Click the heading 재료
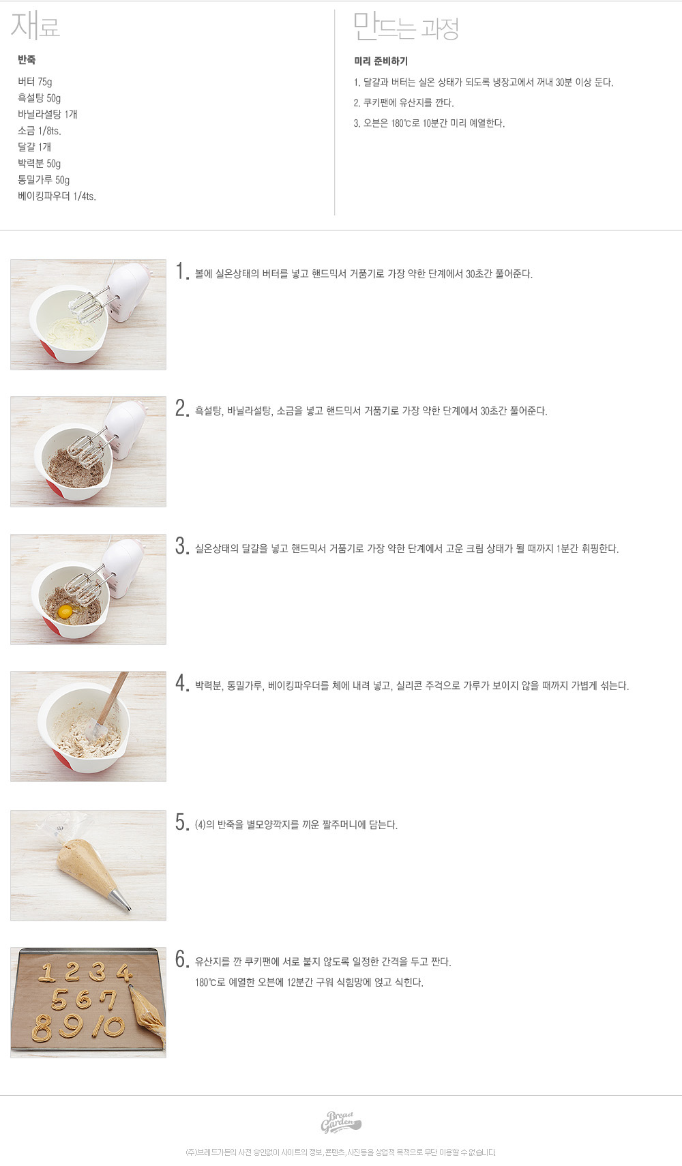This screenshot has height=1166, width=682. click(35, 25)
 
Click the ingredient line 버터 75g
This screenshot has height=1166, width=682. click(35, 82)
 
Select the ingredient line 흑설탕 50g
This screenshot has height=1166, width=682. click(39, 98)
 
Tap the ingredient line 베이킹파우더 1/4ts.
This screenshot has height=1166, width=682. click(57, 196)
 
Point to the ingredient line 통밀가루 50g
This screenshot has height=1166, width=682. click(44, 179)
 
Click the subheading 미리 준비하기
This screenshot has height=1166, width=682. click(381, 61)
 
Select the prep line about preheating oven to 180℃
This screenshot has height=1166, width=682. click(429, 123)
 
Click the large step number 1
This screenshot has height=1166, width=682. click(181, 271)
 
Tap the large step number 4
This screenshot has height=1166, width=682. click(181, 683)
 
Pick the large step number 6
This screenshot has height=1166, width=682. click(181, 958)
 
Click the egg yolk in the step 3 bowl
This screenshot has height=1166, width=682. click(65, 611)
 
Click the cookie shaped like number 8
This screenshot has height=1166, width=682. click(42, 1028)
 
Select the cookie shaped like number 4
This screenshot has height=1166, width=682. click(124, 972)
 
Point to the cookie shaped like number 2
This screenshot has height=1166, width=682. click(72, 972)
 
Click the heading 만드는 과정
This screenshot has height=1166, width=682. click(406, 27)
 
